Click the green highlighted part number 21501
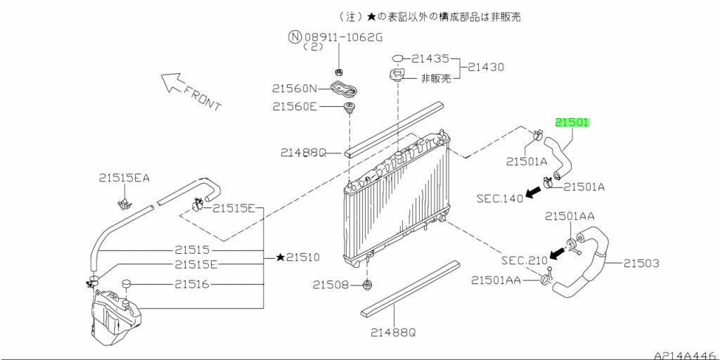(x=572, y=122)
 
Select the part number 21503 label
(x=642, y=264)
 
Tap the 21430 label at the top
(x=487, y=67)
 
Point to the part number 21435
(x=430, y=59)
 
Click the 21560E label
(x=295, y=107)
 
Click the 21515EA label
(x=124, y=179)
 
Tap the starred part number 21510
(x=298, y=257)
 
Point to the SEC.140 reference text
(x=500, y=198)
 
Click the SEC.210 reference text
(x=524, y=260)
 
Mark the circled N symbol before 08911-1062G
(x=295, y=35)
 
